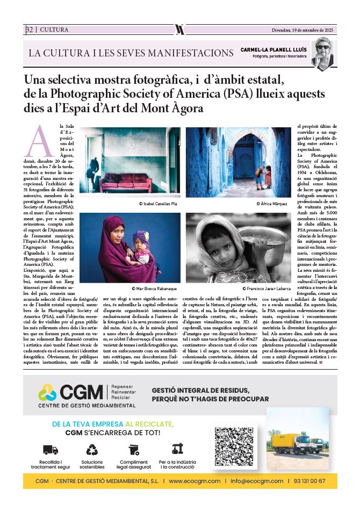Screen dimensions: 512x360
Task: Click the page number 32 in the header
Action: tap(29, 30)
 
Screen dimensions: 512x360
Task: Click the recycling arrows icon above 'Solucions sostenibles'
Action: tap(92, 449)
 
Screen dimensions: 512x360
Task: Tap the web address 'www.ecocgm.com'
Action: tap(195, 481)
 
